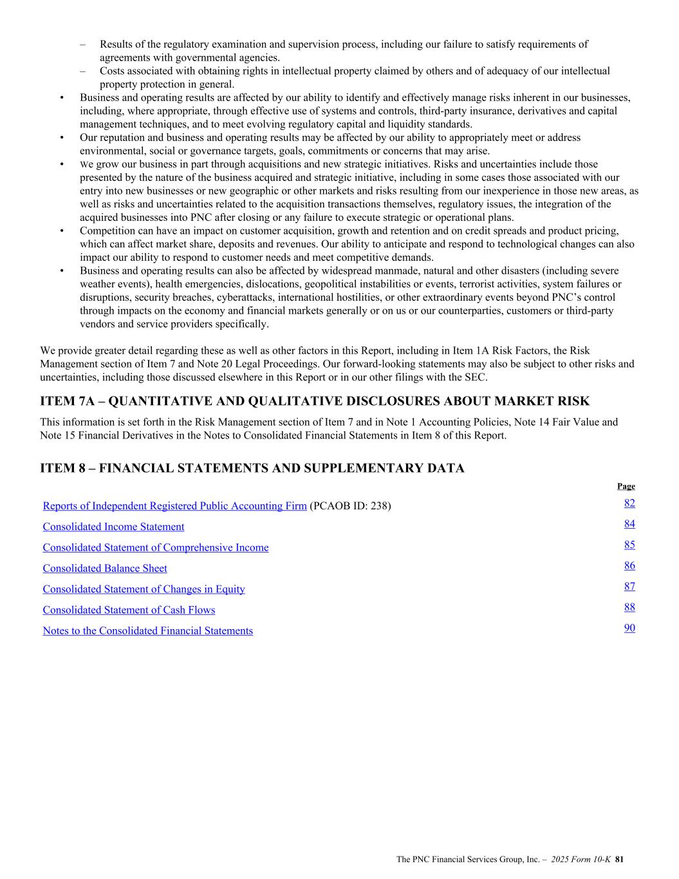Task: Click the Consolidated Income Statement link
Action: click(x=113, y=527)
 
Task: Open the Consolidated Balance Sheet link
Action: click(x=105, y=569)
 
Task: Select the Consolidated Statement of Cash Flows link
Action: click(x=129, y=610)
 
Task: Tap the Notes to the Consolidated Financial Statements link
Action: click(x=147, y=631)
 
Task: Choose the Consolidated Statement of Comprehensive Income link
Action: click(x=156, y=548)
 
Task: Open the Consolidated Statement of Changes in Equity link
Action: click(x=144, y=589)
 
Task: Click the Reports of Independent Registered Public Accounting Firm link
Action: click(x=174, y=506)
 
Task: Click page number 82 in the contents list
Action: click(x=629, y=504)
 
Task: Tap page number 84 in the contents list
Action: click(x=629, y=524)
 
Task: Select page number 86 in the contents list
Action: click(x=629, y=566)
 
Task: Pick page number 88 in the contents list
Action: click(x=629, y=607)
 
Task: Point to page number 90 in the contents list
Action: click(x=629, y=628)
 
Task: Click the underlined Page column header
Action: click(x=626, y=486)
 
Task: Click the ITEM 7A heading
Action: click(x=314, y=402)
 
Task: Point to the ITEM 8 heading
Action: click(x=252, y=468)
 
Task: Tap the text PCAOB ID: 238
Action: click(x=350, y=506)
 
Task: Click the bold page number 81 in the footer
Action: click(x=620, y=859)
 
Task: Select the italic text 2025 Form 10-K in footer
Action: click(x=581, y=859)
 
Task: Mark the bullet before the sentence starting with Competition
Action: click(x=62, y=231)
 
